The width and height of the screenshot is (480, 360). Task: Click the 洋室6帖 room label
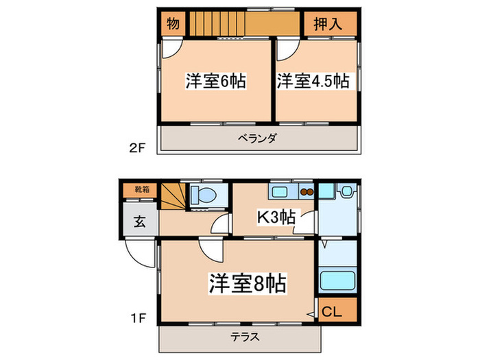tap(215, 81)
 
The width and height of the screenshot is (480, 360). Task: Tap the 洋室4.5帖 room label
tap(313, 81)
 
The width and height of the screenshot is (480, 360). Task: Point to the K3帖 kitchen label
tap(276, 217)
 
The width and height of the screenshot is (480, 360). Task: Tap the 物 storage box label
tap(173, 25)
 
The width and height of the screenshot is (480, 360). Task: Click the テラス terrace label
tap(240, 338)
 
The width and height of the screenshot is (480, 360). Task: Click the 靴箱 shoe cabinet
tap(139, 189)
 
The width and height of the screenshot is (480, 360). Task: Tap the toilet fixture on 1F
tap(204, 195)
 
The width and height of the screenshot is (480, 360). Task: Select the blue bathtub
tap(337, 281)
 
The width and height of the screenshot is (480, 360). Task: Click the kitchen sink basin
tap(283, 191)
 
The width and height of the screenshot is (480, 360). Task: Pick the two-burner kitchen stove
tap(307, 192)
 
